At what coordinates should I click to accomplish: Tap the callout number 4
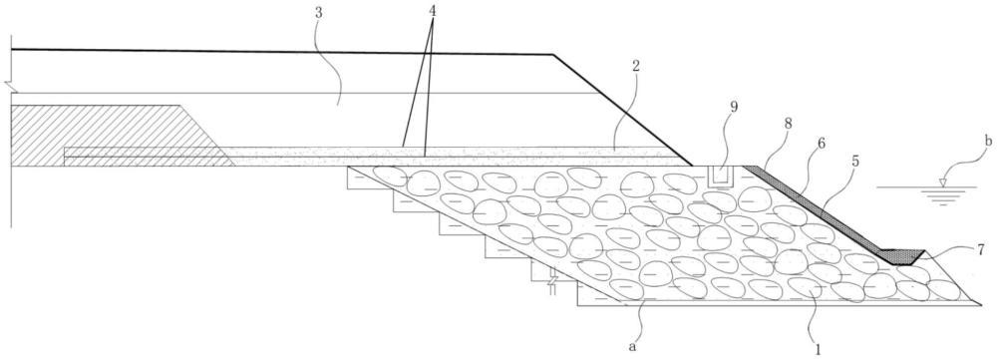coord(433,10)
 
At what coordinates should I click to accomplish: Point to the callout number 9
coord(734,108)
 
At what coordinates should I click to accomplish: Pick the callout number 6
coord(823,145)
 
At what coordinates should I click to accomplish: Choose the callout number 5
coord(855,162)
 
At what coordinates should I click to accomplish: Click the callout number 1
coord(819,349)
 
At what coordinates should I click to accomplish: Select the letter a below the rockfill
coord(631,347)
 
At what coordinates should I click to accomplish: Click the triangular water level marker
coord(942,183)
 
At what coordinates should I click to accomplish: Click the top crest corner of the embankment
coord(553,55)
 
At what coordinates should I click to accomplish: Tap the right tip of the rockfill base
coord(980,305)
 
